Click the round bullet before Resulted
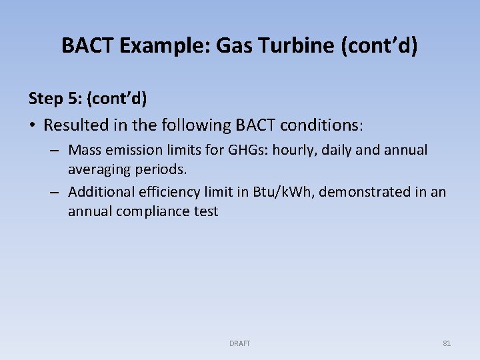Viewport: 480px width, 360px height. coord(33,125)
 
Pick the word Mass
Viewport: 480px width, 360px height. coord(85,150)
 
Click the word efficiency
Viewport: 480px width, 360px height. coord(164,192)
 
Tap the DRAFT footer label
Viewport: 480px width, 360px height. coord(239,343)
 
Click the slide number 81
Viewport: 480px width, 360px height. coord(447,343)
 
